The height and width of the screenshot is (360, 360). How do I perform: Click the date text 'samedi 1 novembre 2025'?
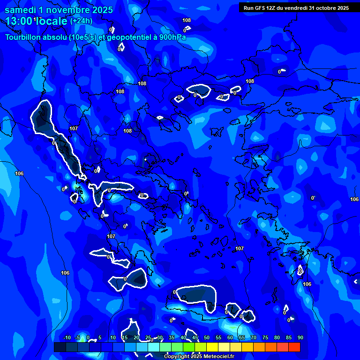59,10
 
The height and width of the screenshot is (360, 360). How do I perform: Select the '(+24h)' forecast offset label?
81,21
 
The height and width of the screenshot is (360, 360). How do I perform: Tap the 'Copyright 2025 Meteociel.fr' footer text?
199,356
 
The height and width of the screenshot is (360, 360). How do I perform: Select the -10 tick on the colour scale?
67,337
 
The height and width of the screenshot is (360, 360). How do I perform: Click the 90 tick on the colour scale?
300,337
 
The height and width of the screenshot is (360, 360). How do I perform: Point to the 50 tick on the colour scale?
207,337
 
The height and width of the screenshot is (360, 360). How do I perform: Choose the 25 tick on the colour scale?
148,337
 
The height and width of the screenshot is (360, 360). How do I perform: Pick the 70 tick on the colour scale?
253,337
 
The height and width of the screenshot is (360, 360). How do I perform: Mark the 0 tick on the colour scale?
88,337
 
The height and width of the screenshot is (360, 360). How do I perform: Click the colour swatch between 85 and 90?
294,347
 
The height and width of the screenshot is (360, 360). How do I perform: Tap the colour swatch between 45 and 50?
201,347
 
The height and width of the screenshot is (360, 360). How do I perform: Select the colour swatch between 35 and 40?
177,347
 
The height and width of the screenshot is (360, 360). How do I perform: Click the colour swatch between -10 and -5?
72,347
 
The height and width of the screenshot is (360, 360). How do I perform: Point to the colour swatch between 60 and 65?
236,347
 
